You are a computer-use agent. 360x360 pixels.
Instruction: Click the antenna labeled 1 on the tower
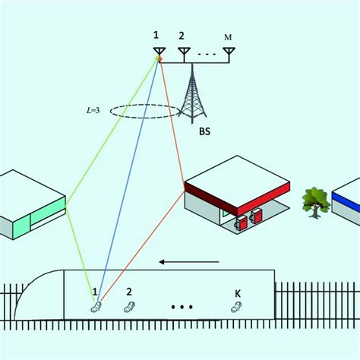tap(159, 53)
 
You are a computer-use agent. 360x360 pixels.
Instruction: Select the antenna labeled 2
tap(184, 53)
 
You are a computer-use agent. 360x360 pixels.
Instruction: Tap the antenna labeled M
tap(229, 53)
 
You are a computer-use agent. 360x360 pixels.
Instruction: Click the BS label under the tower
tap(204, 131)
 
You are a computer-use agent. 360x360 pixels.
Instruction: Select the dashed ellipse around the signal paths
tap(145, 112)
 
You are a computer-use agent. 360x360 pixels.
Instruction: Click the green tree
tap(315, 201)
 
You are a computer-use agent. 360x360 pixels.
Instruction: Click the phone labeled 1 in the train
tap(96, 307)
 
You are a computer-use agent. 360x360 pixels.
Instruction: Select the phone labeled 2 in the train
tap(129, 306)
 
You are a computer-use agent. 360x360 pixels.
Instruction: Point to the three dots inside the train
tap(182, 308)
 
